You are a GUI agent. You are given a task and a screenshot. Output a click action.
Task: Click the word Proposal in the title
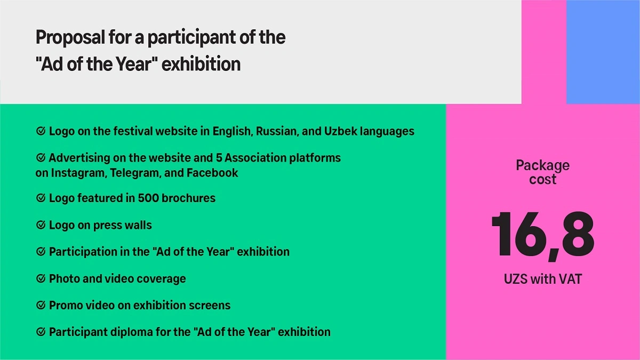[x=70, y=38]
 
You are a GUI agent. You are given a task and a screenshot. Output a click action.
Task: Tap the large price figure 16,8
[x=542, y=236]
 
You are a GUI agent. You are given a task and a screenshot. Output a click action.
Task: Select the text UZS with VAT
[x=542, y=279]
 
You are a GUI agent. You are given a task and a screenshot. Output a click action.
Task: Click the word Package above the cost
[x=542, y=166]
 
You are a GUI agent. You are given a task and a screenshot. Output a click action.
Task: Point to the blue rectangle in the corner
[x=603, y=52]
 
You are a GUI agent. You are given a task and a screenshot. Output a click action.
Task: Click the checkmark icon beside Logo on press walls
[x=41, y=225]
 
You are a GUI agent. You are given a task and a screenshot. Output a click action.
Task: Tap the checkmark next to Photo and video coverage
[x=41, y=278]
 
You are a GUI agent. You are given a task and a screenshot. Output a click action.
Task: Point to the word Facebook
[x=212, y=173]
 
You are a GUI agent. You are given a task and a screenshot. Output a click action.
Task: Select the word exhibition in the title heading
[x=201, y=63]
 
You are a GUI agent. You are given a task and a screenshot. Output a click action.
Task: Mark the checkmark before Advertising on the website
[x=41, y=157]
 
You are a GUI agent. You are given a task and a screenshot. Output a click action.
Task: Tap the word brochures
[x=189, y=198]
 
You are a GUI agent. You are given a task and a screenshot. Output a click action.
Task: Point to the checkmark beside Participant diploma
[x=41, y=332]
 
